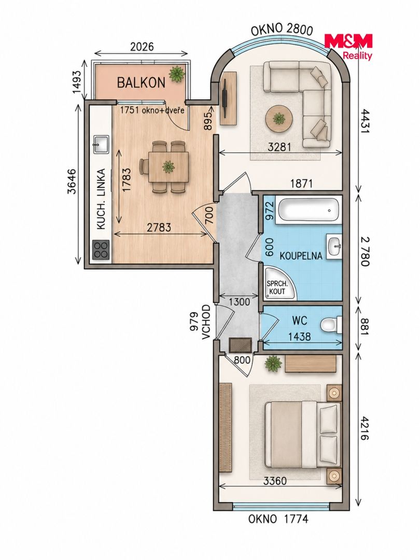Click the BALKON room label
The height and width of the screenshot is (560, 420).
tap(141, 83)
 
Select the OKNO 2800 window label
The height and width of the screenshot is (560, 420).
tap(282, 30)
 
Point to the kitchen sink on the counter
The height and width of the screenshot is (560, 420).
tap(101, 144)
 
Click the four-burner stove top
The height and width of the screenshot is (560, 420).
tap(101, 249)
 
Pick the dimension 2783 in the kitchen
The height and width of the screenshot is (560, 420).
tap(159, 227)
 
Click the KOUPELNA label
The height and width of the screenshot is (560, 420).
tap(301, 256)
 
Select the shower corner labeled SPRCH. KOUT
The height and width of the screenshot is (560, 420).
tap(281, 284)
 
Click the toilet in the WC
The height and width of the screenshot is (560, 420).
tap(330, 325)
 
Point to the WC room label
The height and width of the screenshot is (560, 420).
tap(299, 320)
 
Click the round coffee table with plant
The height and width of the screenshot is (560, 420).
tap(279, 119)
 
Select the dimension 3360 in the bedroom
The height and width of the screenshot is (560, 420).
tap(275, 481)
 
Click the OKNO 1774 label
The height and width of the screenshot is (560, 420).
tap(278, 519)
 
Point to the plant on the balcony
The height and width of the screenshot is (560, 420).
tap(177, 74)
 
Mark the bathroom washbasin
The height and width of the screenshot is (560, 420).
tap(335, 246)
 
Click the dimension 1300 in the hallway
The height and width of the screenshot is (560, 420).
tap(239, 302)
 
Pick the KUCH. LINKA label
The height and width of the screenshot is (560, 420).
tap(102, 199)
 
